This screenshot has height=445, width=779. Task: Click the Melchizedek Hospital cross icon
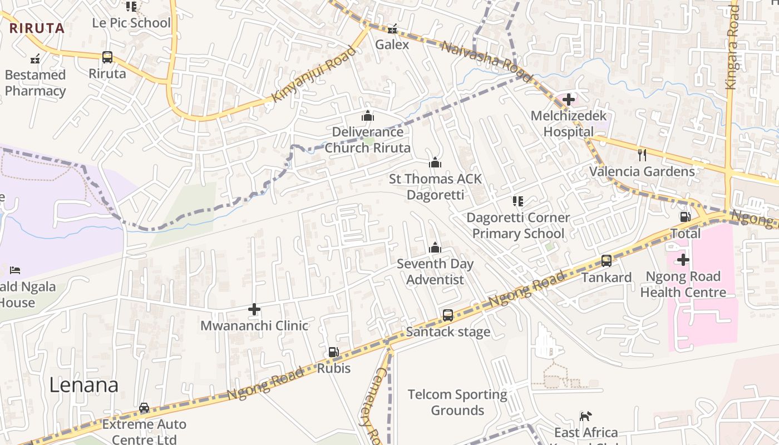pyautogui.click(x=568, y=100)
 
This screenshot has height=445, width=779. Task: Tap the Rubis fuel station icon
pyautogui.click(x=333, y=352)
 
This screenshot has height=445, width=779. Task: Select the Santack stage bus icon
pyautogui.click(x=448, y=315)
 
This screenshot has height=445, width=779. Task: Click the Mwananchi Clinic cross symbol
pyautogui.click(x=254, y=309)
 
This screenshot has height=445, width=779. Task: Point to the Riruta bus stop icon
pyautogui.click(x=107, y=57)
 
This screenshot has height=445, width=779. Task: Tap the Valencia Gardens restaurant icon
pyautogui.click(x=642, y=155)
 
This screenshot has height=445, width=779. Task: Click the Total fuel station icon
pyautogui.click(x=685, y=217)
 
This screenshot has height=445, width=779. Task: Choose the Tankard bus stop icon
pyautogui.click(x=607, y=260)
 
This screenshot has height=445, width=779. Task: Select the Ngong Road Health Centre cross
pyautogui.click(x=683, y=260)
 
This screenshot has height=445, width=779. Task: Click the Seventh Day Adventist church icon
pyautogui.click(x=435, y=248)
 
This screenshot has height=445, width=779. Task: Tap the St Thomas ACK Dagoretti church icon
pyautogui.click(x=435, y=162)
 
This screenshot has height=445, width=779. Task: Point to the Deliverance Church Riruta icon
pyautogui.click(x=367, y=116)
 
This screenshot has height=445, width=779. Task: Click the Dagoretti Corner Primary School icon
pyautogui.click(x=518, y=201)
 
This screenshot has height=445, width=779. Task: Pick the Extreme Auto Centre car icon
pyautogui.click(x=144, y=408)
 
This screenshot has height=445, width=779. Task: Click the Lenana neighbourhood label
pyautogui.click(x=84, y=385)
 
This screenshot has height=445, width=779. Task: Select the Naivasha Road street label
pyautogui.click(x=479, y=55)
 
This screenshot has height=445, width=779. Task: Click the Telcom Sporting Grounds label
pyautogui.click(x=457, y=402)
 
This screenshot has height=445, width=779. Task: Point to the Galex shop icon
pyautogui.click(x=392, y=28)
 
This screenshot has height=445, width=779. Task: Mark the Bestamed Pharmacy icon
pyautogui.click(x=35, y=58)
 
